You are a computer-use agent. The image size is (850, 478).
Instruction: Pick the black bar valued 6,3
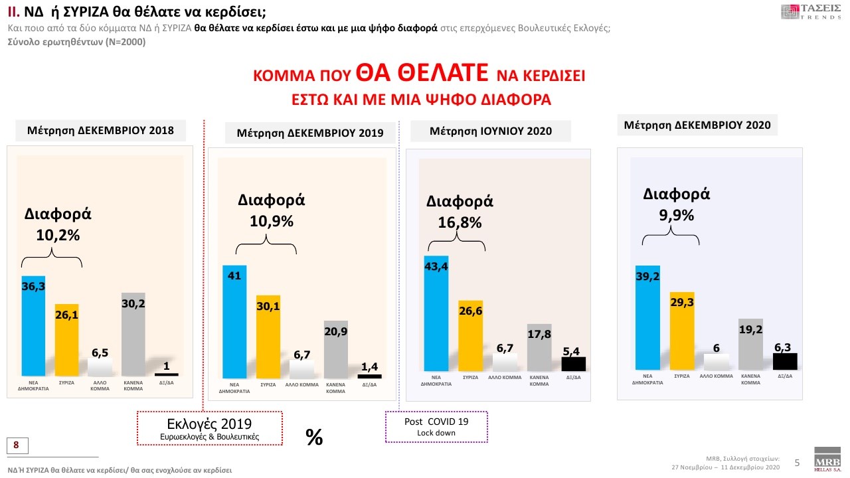[784, 361]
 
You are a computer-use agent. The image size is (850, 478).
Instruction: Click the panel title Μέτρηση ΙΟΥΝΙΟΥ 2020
[491, 131]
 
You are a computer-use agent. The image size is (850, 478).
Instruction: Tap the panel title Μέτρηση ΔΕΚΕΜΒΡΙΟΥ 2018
[100, 130]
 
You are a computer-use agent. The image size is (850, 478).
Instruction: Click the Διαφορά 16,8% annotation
[460, 212]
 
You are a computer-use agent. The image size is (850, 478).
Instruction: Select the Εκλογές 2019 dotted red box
[210, 428]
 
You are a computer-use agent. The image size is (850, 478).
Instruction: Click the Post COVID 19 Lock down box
[436, 427]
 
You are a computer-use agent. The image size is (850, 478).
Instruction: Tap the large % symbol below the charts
[314, 436]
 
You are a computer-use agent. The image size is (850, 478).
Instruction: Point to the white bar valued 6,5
[100, 367]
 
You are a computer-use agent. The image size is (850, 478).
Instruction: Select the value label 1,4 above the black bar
[369, 366]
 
